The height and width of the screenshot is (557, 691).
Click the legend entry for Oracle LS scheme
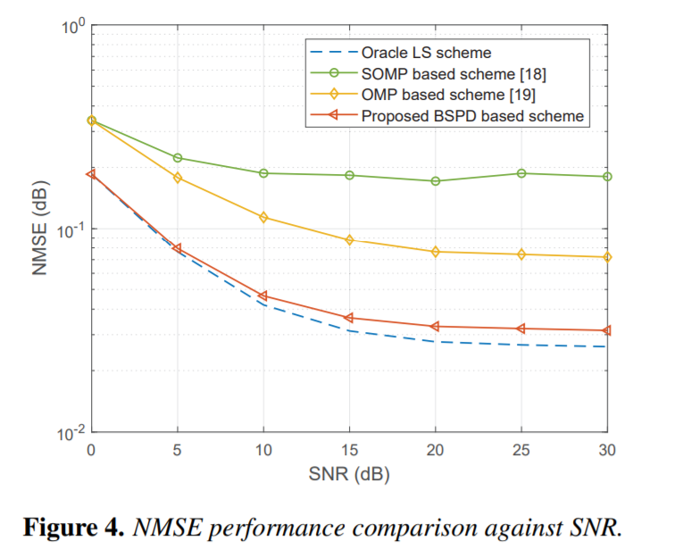pyautogui.click(x=426, y=54)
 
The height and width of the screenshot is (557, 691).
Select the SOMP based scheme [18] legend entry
pyautogui.click(x=452, y=74)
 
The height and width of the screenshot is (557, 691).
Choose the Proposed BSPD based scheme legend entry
pyautogui.click(x=472, y=115)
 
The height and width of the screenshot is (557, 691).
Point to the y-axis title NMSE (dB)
pyautogui.click(x=39, y=229)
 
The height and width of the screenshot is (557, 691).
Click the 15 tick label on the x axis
pyautogui.click(x=349, y=451)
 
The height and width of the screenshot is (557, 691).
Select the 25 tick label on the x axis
pyautogui.click(x=521, y=451)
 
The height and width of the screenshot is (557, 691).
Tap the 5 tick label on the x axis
pyautogui.click(x=177, y=451)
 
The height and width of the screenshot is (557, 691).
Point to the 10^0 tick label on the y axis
pyautogui.click(x=70, y=26)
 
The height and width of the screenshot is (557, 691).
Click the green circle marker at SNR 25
pyautogui.click(x=521, y=173)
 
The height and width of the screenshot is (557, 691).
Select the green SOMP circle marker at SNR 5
pyautogui.click(x=177, y=158)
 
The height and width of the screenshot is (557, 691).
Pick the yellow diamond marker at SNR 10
pyautogui.click(x=263, y=217)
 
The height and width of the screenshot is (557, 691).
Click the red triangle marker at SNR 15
pyautogui.click(x=349, y=318)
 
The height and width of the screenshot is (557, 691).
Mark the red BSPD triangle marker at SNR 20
pyautogui.click(x=436, y=327)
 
